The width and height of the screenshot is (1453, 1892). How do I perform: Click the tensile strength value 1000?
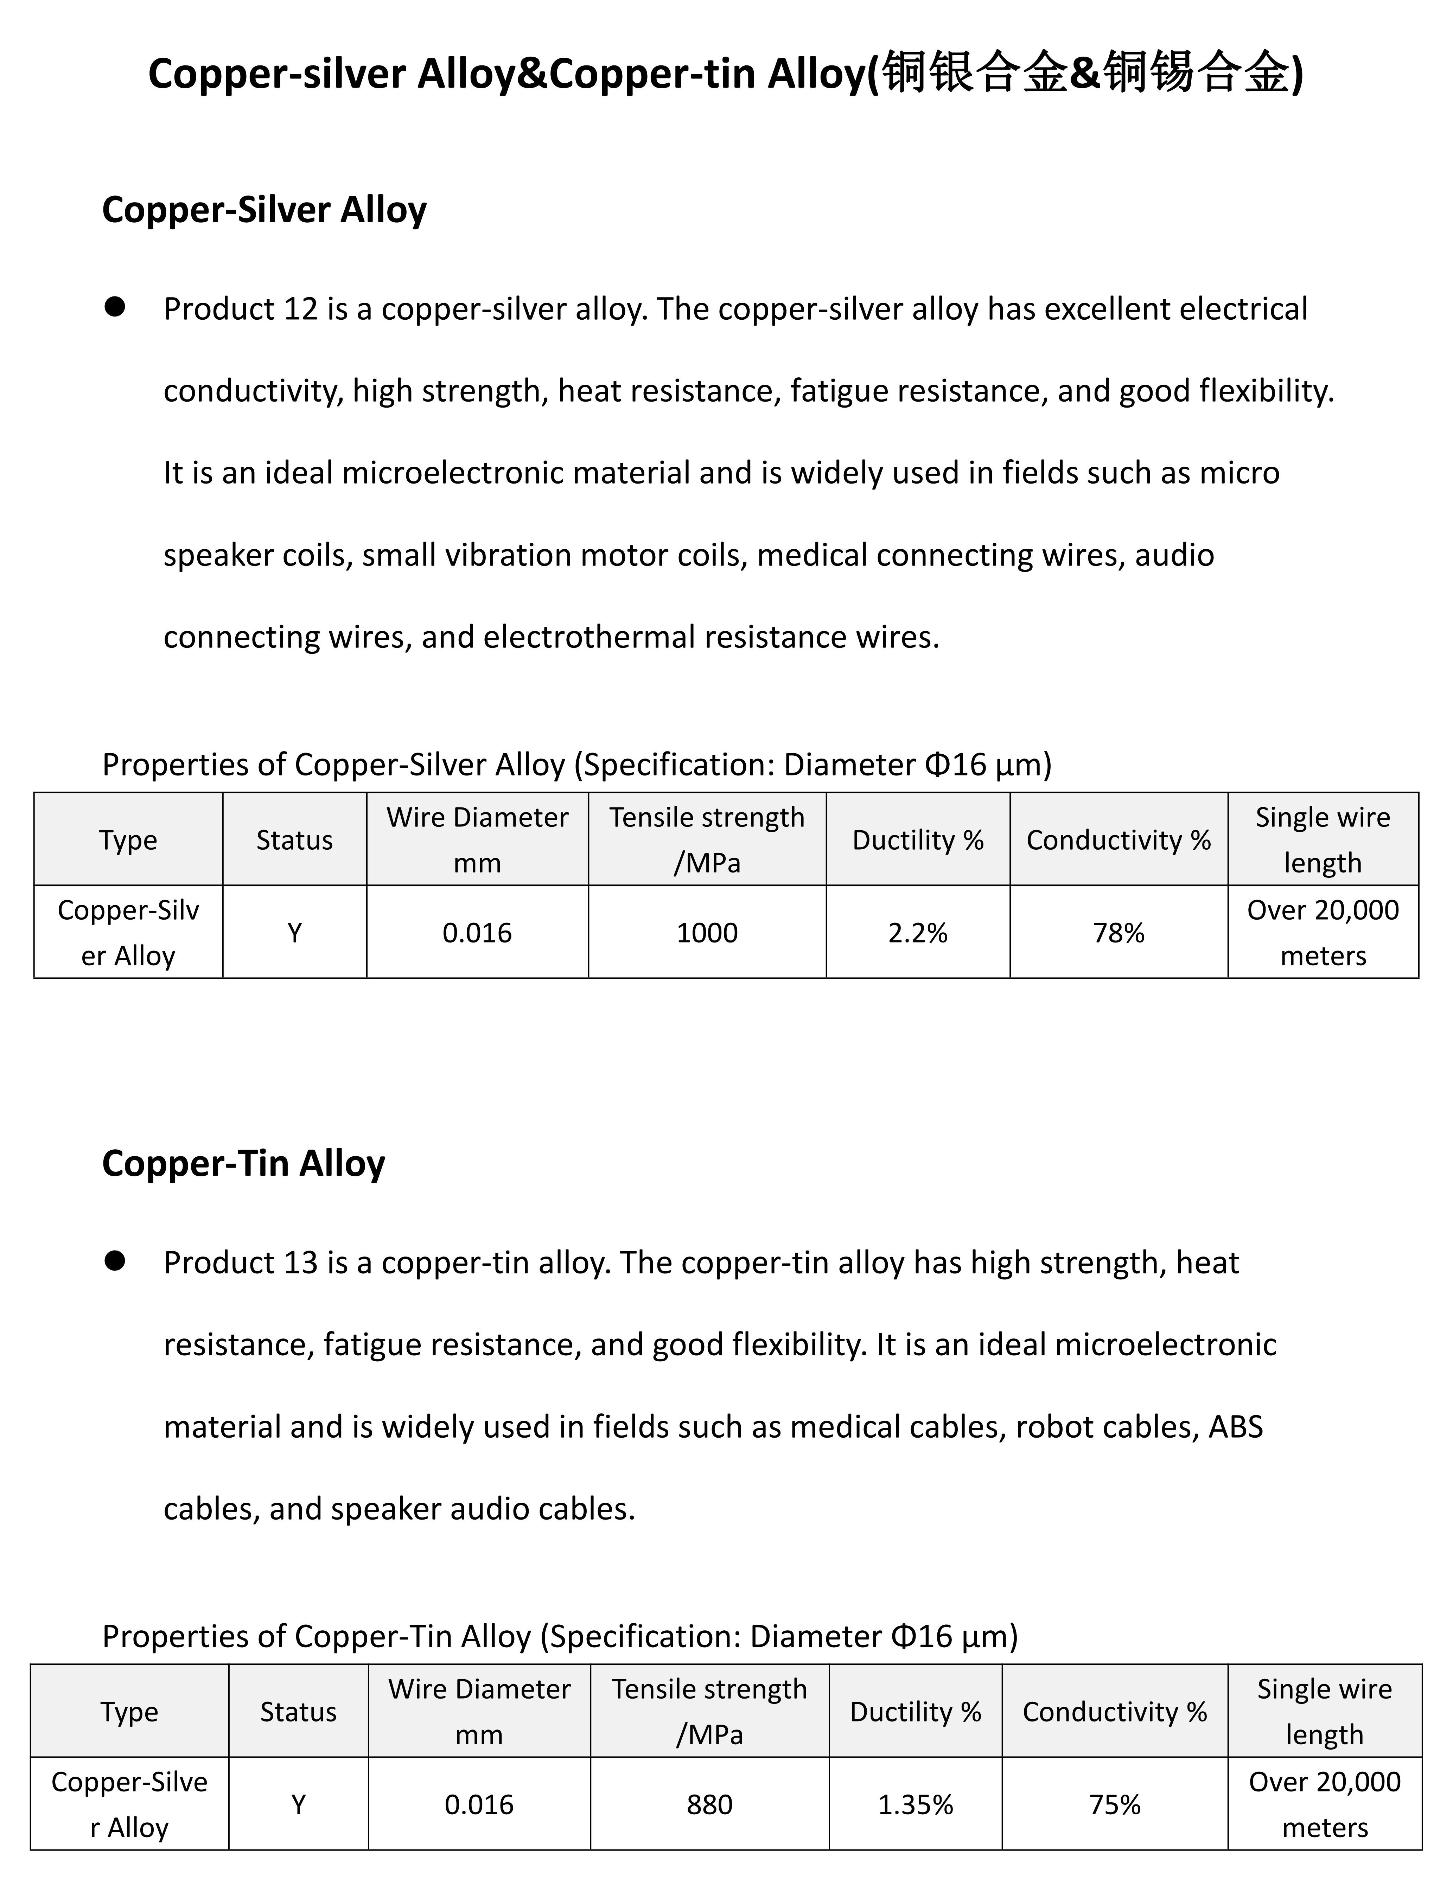[707, 933]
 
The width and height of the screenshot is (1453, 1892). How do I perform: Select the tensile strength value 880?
[709, 1805]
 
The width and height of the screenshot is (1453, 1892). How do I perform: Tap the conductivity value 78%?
[1118, 933]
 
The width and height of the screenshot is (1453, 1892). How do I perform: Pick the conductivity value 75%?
[1115, 1805]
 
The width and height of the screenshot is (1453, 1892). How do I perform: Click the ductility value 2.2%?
[918, 933]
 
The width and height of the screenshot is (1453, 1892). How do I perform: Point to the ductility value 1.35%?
[915, 1805]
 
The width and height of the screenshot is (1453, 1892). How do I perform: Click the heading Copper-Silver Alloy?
[264, 210]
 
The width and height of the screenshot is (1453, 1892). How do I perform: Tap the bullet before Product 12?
[115, 307]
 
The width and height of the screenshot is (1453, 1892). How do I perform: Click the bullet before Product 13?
[115, 1261]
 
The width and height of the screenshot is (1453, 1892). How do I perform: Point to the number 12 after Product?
[300, 309]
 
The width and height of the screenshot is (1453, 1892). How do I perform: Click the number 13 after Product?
[300, 1263]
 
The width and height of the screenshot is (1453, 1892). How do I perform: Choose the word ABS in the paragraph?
[1235, 1427]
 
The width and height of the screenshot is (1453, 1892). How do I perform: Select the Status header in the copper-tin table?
[298, 1712]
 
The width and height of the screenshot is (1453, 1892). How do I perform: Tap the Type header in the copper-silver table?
[128, 840]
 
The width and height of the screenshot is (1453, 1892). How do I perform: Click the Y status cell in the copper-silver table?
[294, 933]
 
